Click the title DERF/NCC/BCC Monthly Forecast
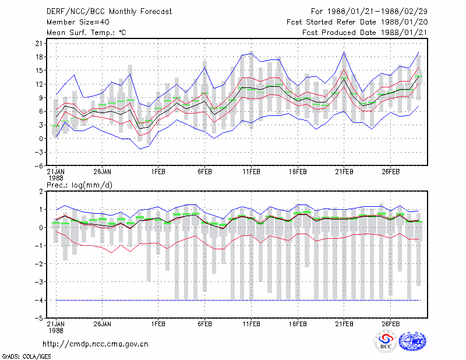pos(109,12)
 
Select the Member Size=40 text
pos(78,22)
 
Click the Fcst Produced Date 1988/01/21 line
pos(365,33)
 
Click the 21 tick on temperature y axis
pos(39,44)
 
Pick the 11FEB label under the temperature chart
pos(252,172)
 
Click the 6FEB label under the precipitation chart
pos(205,324)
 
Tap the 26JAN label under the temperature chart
pos(103,172)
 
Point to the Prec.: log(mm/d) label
pos(80,185)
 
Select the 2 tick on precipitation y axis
pos(41,191)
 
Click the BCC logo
pos(386,341)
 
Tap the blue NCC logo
pos(412,341)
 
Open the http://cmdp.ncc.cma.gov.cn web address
pos(96,344)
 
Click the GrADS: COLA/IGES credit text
pos(27,357)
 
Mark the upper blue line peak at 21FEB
pos(344,52)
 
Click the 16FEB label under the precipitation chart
pos(298,324)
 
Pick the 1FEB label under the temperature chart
pos(158,172)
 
